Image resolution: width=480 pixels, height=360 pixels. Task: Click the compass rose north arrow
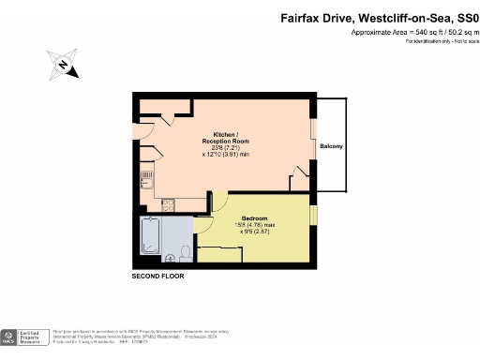coord(62,65)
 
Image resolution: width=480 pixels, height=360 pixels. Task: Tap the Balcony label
coord(331,147)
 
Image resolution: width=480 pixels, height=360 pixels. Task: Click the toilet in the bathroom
coord(187,252)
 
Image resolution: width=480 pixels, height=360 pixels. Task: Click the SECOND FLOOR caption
coord(157,277)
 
